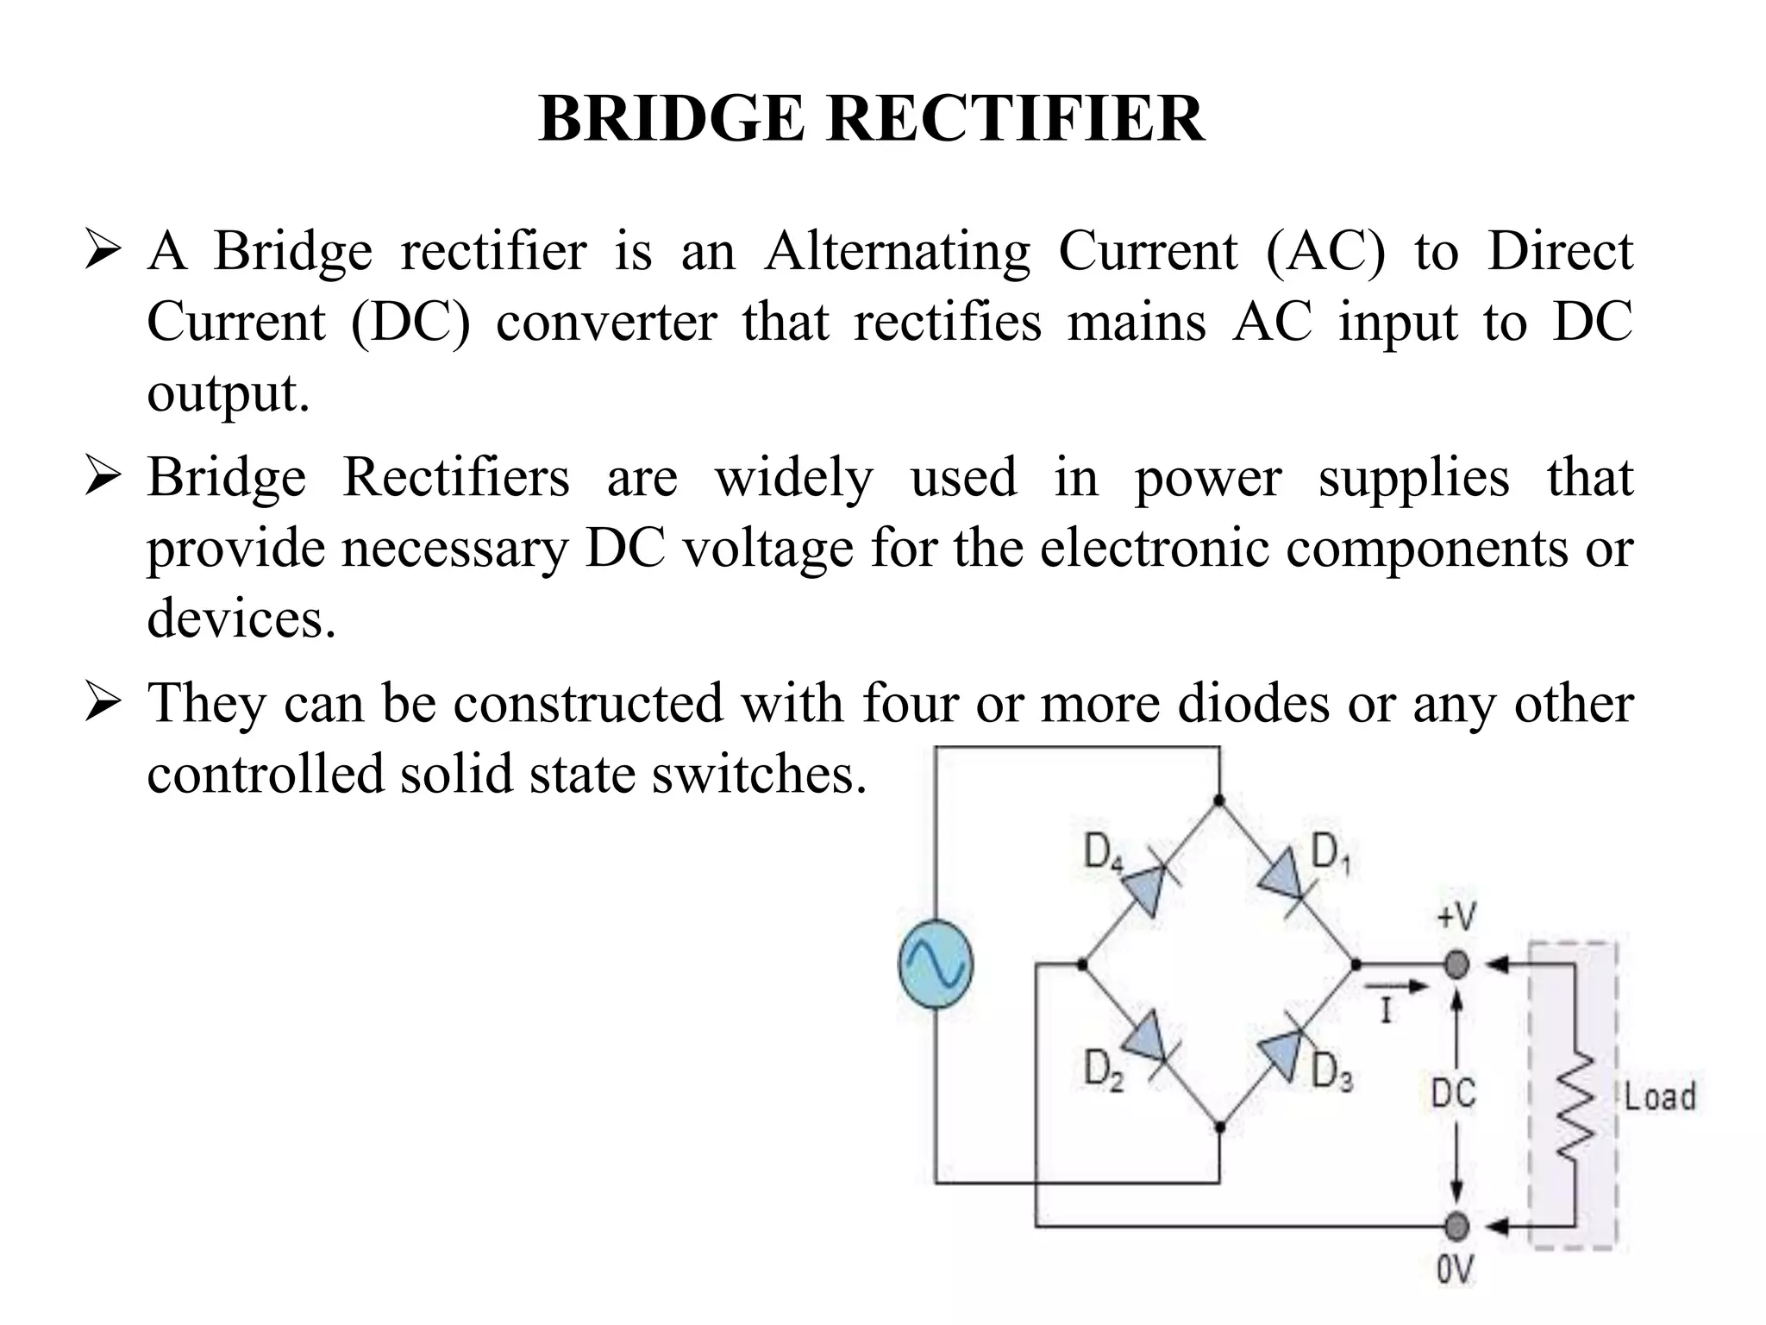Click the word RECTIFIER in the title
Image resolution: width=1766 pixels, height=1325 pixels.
(1015, 119)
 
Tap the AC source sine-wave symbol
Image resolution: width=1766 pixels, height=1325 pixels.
(936, 964)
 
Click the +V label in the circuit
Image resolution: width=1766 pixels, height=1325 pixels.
(1456, 917)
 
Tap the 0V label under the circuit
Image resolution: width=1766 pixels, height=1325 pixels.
(1456, 1271)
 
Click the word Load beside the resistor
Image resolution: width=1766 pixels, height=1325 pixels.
(1660, 1097)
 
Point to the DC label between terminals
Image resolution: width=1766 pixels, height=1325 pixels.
(1454, 1094)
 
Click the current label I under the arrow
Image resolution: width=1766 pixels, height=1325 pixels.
(1387, 1010)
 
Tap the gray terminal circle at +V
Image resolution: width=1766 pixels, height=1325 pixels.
(1456, 964)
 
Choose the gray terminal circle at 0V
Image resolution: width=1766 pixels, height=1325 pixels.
(1456, 1225)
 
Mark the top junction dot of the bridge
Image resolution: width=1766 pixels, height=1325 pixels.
(1218, 801)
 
